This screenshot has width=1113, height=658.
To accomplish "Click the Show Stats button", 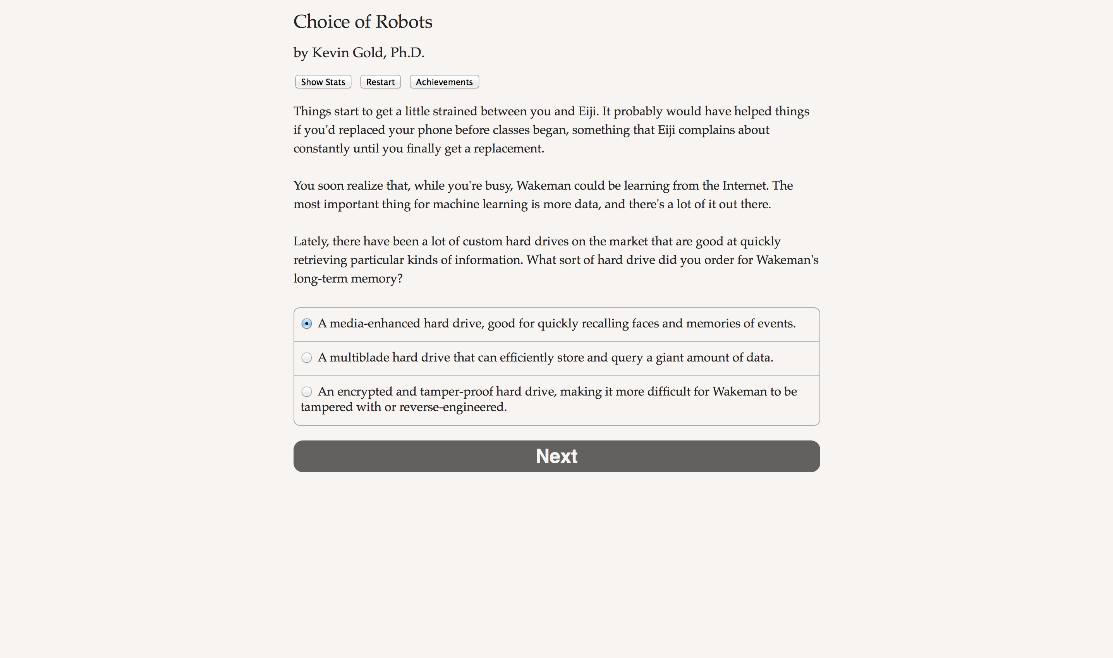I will [x=323, y=82].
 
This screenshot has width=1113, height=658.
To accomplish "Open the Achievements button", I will [x=444, y=82].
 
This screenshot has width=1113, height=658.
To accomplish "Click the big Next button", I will [x=556, y=456].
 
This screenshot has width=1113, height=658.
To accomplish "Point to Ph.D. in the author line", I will [x=407, y=53].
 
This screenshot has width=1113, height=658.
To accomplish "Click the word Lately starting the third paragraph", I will [x=311, y=242].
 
